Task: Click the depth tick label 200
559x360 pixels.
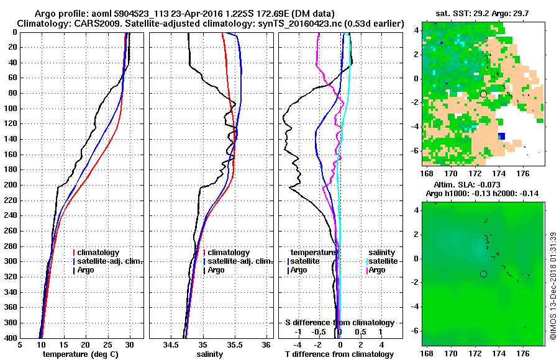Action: [11, 185]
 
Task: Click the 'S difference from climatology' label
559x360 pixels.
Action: [339, 323]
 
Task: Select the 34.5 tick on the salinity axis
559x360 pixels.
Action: [171, 344]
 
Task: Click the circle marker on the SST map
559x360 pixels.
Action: [483, 94]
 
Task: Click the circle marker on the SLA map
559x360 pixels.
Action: [483, 274]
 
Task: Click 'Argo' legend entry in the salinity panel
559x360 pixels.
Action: [217, 270]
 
